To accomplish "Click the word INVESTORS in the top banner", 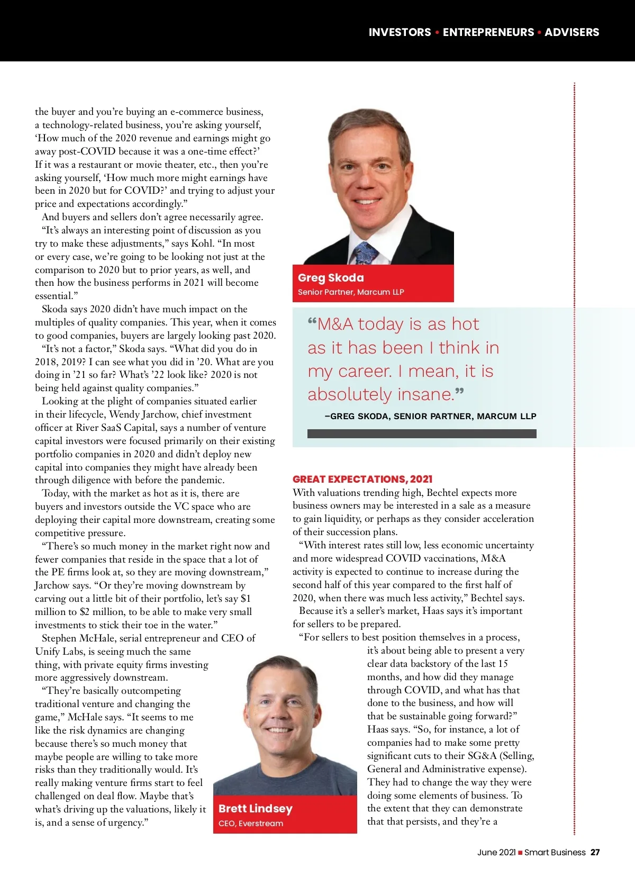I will click(400, 32).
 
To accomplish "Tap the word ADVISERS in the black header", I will click(571, 32).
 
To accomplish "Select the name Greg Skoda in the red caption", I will click(331, 278).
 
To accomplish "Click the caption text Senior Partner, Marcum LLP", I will click(351, 292).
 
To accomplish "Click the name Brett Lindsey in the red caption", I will click(255, 809).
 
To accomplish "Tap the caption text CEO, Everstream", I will click(251, 824).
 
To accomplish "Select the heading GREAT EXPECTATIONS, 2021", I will click(362, 479).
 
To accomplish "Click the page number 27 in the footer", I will click(595, 852).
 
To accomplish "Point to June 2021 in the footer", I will click(496, 852).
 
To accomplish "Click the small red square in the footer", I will click(520, 853).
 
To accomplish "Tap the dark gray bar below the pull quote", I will click(422, 433).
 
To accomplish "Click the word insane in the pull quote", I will click(425, 394).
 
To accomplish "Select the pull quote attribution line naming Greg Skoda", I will click(430, 416).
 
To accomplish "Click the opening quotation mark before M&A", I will click(312, 321).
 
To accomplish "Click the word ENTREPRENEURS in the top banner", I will click(488, 32).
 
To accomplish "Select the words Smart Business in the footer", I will click(555, 852).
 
